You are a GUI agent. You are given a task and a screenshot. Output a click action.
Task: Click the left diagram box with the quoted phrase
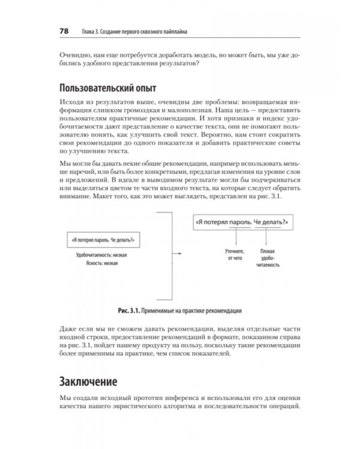101,240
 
